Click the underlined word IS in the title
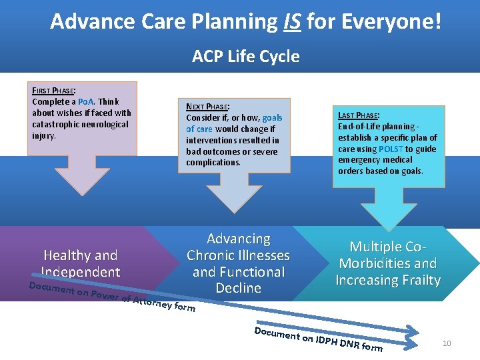[x=291, y=22]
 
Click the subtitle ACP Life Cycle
[x=245, y=57]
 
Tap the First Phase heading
[x=53, y=91]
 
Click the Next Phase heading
[x=207, y=107]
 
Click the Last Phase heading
[x=359, y=115]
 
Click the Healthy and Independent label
[x=80, y=263]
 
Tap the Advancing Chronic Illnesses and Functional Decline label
[x=238, y=263]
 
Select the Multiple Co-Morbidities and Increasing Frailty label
[x=388, y=263]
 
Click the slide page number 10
[x=447, y=343]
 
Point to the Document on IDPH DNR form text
[x=319, y=339]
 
